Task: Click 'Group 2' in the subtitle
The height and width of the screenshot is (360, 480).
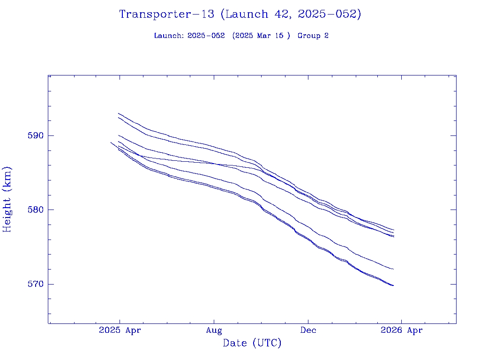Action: pos(313,36)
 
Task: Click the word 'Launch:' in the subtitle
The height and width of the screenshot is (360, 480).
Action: pos(169,36)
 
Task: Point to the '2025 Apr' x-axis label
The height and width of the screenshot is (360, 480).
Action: pos(120,330)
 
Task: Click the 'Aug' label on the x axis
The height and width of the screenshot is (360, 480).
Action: pos(214,330)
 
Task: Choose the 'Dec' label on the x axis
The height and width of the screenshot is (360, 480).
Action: pos(308,330)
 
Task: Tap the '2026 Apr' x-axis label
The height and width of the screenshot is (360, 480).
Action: pos(401,330)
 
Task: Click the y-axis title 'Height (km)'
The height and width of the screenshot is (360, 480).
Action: pos(7,199)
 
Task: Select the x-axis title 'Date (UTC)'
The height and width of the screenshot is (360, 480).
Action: pos(252,344)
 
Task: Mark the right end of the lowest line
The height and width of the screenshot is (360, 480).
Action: pos(393,285)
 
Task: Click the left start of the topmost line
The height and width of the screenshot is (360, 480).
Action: pos(119,113)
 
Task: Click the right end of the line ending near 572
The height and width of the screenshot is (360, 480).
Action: pos(393,269)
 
